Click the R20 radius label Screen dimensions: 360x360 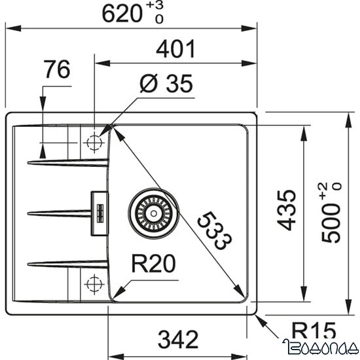click(155, 265)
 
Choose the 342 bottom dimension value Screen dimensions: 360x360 click(177, 339)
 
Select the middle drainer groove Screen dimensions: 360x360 click(59, 211)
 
